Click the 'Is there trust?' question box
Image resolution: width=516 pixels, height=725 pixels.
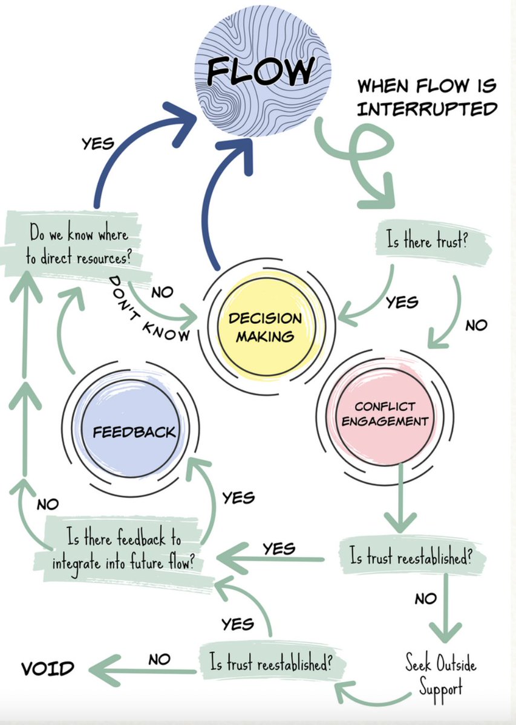point(430,243)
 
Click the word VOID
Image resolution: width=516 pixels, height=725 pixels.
point(48,668)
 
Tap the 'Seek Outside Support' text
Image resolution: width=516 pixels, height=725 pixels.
point(440,675)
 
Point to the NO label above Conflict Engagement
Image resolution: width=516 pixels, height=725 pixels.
point(476,325)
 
